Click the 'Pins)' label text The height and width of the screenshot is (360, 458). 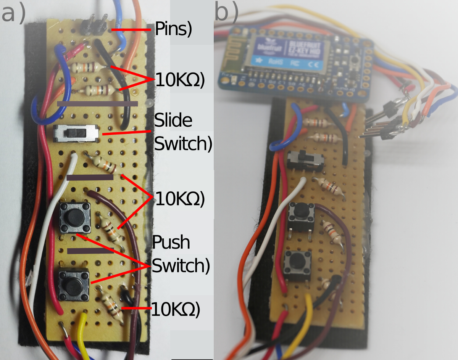(x=173, y=29)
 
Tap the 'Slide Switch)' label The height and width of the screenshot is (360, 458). (x=182, y=132)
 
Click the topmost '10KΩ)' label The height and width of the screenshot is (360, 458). (x=180, y=80)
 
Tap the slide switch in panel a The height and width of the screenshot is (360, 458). (x=77, y=133)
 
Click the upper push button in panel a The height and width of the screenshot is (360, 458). (x=75, y=218)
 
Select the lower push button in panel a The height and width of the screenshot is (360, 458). (x=74, y=284)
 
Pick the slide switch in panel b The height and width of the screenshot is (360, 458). (x=305, y=160)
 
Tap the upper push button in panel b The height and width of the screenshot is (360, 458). (x=302, y=216)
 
